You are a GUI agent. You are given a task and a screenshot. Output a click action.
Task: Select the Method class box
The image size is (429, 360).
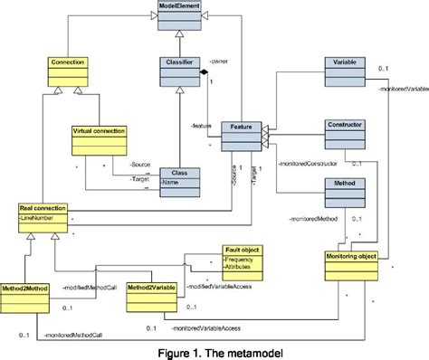coord(347,190)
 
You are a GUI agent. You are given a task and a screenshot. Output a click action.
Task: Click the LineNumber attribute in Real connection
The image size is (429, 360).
coord(41,218)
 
